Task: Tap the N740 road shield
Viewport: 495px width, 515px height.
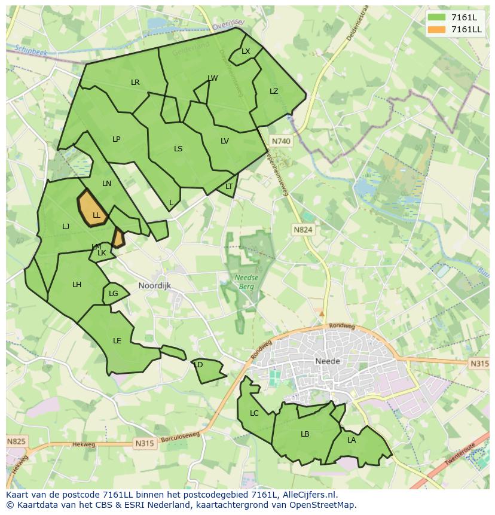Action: click(x=280, y=141)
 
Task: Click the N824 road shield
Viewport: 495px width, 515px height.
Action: click(x=303, y=229)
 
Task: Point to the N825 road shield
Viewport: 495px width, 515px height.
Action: click(x=16, y=441)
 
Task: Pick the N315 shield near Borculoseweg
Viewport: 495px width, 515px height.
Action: click(x=144, y=443)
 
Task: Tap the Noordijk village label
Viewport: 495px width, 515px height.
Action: click(x=154, y=285)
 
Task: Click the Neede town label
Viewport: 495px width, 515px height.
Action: click(x=327, y=361)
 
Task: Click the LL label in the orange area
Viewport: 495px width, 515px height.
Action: click(x=96, y=215)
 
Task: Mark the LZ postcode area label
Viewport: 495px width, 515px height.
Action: click(x=274, y=92)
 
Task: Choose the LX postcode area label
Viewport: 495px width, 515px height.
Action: click(x=246, y=51)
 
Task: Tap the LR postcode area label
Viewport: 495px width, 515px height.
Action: click(x=135, y=83)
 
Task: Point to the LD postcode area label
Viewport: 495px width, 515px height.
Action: click(x=199, y=365)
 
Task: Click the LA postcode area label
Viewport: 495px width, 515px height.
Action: click(x=352, y=440)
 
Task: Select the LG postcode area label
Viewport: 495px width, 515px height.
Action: click(x=114, y=294)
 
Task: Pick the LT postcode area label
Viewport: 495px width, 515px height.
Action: click(x=229, y=187)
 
